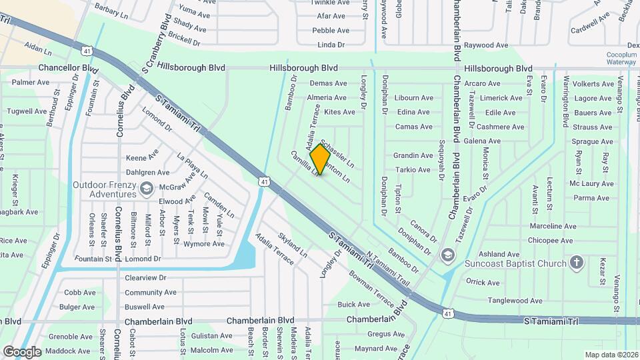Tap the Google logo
pyautogui.click(x=22, y=351)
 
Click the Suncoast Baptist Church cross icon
pyautogui.click(x=577, y=263)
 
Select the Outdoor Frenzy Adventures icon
pyautogui.click(x=145, y=190)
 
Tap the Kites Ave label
pyautogui.click(x=339, y=112)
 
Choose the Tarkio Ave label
pyautogui.click(x=413, y=170)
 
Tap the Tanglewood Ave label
pyautogui.click(x=513, y=301)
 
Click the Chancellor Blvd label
pyautogui.click(x=69, y=68)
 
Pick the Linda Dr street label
pyautogui.click(x=331, y=45)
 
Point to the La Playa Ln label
pyautogui.click(x=192, y=167)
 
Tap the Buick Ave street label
pyautogui.click(x=353, y=305)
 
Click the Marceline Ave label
pyautogui.click(x=552, y=227)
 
